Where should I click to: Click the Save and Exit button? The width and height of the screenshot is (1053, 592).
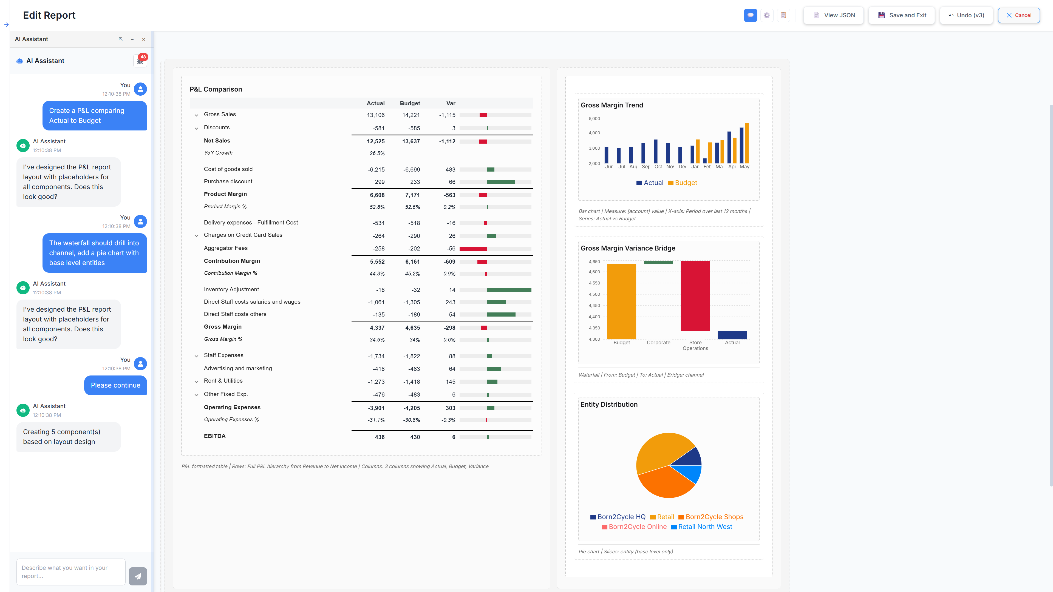(x=902, y=15)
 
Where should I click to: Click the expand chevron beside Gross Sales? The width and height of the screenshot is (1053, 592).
(x=196, y=115)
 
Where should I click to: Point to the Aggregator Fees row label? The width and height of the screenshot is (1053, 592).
(x=226, y=248)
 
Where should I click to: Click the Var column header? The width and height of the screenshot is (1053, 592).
(x=451, y=103)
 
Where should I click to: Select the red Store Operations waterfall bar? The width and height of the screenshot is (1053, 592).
(x=695, y=296)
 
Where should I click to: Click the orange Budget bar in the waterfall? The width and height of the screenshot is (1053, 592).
(x=621, y=301)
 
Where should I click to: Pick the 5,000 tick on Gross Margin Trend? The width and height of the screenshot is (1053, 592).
(x=594, y=118)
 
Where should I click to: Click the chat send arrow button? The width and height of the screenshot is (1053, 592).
(x=138, y=576)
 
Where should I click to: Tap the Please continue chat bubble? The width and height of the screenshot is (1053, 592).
(x=115, y=385)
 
